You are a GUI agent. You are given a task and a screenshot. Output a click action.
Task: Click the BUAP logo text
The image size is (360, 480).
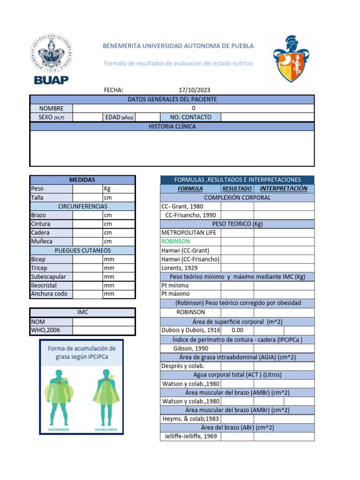pyautogui.click(x=51, y=80)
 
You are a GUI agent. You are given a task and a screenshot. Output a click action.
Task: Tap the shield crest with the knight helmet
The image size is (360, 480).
pyautogui.click(x=291, y=59)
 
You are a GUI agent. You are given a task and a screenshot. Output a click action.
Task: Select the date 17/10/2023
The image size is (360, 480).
pyautogui.click(x=195, y=90)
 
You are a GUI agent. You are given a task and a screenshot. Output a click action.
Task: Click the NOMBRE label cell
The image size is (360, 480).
pyautogui.click(x=51, y=108)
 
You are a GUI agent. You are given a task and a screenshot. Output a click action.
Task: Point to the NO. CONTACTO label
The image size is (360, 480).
pyautogui.click(x=190, y=117)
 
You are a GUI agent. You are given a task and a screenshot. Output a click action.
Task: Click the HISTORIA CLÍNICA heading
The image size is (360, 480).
pyautogui.click(x=172, y=127)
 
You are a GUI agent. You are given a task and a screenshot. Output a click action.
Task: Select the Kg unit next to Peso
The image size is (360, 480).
pyautogui.click(x=108, y=189)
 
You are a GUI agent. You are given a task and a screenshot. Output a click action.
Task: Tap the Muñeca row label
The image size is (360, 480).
pyautogui.click(x=41, y=241)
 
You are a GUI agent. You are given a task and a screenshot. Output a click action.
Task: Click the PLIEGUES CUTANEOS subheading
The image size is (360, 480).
pyautogui.click(x=82, y=250)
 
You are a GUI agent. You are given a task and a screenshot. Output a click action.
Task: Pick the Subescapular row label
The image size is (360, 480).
pyautogui.click(x=48, y=277)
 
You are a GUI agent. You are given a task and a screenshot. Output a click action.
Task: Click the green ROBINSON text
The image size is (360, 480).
pyautogui.click(x=175, y=241)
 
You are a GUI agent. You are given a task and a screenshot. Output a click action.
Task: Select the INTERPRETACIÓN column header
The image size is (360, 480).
pyautogui.click(x=284, y=189)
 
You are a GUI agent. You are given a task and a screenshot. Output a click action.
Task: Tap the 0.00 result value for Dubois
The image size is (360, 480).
pyautogui.click(x=237, y=330)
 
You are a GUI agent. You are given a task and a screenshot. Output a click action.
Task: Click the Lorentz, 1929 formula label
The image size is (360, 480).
pyautogui.click(x=180, y=268)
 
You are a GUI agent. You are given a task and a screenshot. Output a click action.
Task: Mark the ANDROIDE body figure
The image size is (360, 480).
pyautogui.click(x=58, y=398)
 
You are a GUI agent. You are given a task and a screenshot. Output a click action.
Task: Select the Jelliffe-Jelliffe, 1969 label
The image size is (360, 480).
pyautogui.click(x=190, y=436)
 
